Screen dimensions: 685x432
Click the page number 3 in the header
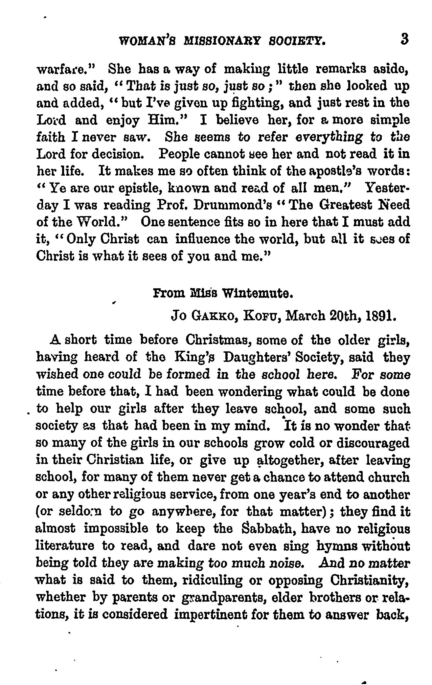pos(404,39)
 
